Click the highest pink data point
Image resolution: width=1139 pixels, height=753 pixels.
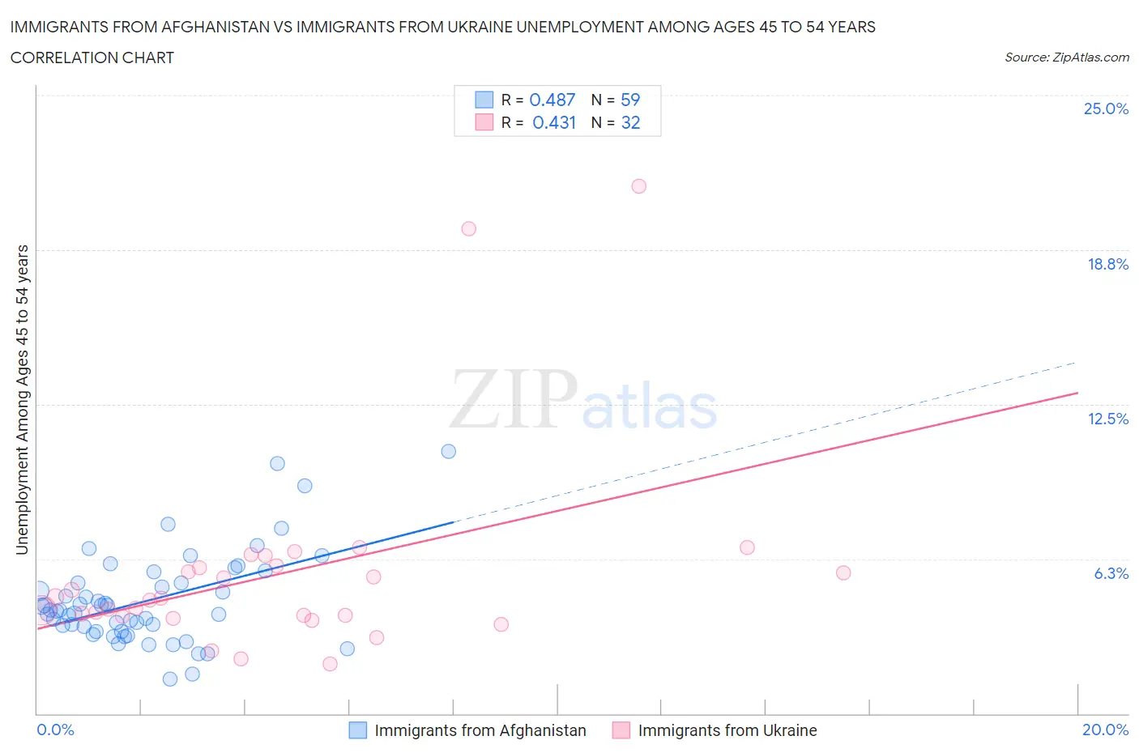(x=638, y=186)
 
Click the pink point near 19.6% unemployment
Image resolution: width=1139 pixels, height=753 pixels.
(x=468, y=228)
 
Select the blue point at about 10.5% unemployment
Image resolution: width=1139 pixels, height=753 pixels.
(x=448, y=451)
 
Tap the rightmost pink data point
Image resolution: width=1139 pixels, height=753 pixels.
(x=843, y=572)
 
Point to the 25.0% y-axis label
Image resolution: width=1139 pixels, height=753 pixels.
(x=1106, y=108)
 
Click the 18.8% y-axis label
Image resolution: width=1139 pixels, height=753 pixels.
(x=1107, y=264)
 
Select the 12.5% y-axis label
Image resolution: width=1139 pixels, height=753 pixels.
(x=1107, y=419)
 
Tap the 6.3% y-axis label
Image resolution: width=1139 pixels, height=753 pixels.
(x=1111, y=573)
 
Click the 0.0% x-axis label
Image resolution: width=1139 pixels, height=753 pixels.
(x=55, y=730)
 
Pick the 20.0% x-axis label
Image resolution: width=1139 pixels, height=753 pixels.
(x=1105, y=730)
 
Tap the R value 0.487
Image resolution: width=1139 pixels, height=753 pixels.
(x=552, y=100)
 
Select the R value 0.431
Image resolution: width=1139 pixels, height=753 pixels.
(x=554, y=122)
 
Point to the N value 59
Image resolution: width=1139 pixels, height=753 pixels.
(x=630, y=100)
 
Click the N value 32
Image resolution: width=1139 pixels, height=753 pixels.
(x=630, y=122)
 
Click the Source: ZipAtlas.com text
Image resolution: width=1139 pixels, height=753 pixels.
(x=1066, y=57)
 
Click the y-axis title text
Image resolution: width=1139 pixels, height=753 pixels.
(x=22, y=400)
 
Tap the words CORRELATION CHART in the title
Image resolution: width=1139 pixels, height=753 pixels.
(x=92, y=57)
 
